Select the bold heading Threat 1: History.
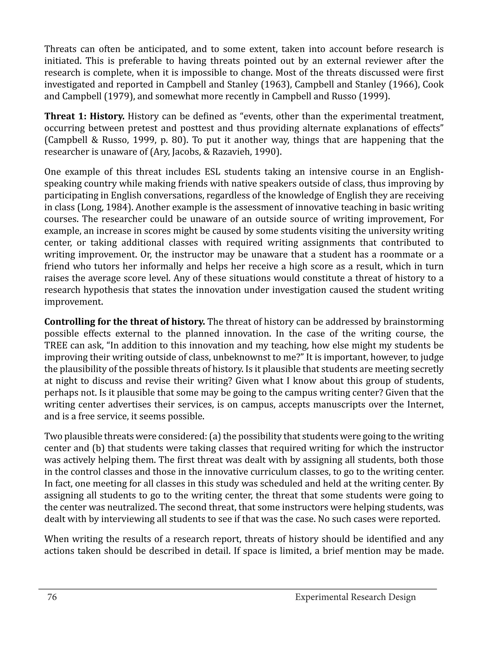coord(84,116)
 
